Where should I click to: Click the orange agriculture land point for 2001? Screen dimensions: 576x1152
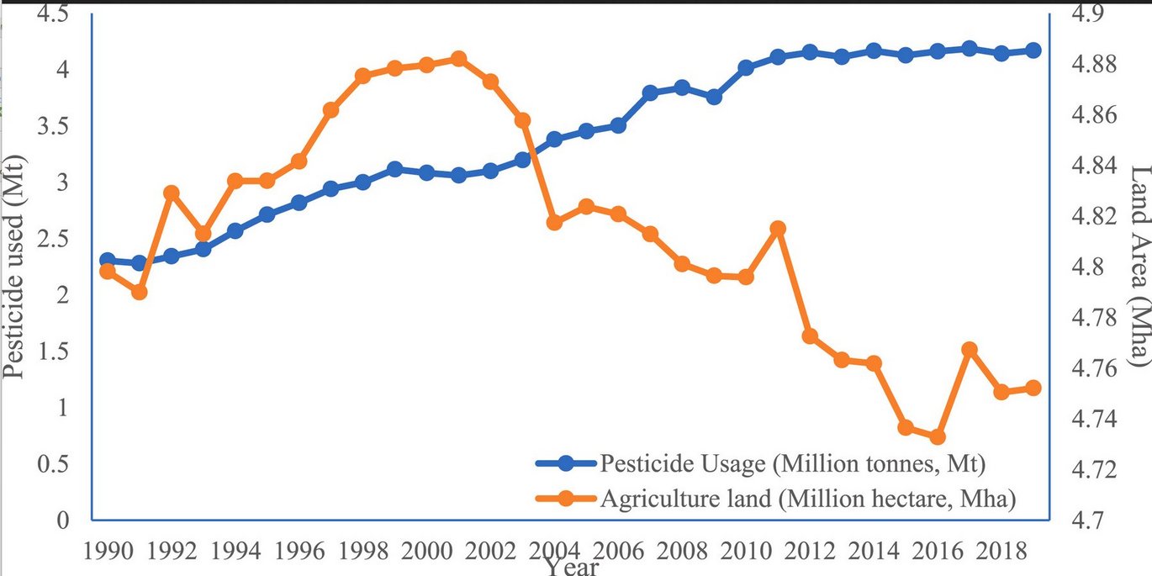(458, 59)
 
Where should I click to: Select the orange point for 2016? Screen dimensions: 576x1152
(938, 436)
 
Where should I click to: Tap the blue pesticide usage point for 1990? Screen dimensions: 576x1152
(107, 261)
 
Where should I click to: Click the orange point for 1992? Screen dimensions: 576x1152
(171, 193)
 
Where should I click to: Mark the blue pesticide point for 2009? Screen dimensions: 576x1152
(714, 97)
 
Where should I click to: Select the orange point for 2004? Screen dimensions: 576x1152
(554, 222)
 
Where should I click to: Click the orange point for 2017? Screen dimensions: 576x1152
(970, 349)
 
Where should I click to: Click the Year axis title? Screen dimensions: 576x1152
(572, 568)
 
